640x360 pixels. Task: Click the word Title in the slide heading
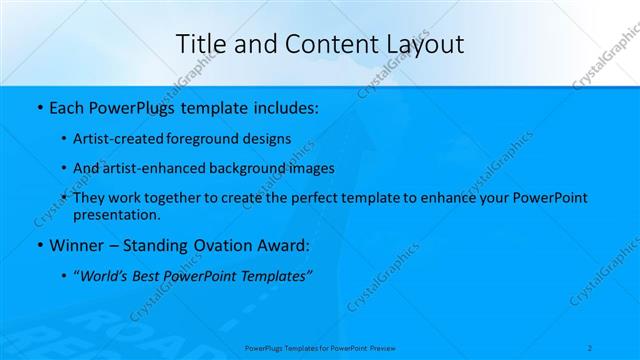point(199,43)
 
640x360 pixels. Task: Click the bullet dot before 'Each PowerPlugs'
point(38,105)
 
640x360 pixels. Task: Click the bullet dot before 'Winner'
point(38,245)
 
